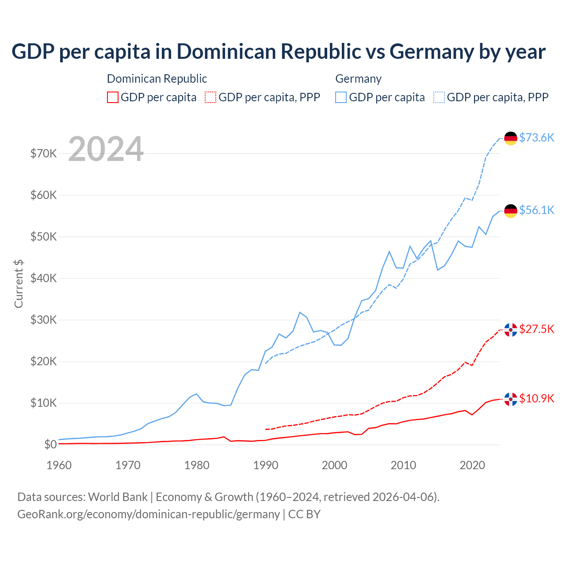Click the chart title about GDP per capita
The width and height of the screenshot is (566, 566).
279,52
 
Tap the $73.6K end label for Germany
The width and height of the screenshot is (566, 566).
536,138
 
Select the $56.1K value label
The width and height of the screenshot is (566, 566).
536,210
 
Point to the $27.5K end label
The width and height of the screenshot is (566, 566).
536,329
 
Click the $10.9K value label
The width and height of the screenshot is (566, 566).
536,398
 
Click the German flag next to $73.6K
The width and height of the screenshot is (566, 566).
511,138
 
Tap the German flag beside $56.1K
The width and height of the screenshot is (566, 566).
511,211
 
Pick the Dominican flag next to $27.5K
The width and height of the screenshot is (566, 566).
511,330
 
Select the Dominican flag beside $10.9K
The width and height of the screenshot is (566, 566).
511,399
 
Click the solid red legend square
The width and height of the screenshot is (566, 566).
113,97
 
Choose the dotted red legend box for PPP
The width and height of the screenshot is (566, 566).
210,97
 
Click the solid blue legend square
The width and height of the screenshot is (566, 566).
341,97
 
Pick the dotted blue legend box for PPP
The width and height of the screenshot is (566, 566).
439,97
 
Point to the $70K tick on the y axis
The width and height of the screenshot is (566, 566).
43,153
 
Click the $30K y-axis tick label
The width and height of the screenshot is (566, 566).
43,320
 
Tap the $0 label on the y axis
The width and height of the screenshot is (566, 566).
50,444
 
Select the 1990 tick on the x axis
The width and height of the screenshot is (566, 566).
266,465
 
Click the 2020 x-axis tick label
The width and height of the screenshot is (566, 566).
472,465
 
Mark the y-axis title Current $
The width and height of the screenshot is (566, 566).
19,284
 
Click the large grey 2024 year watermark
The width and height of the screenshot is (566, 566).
106,149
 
